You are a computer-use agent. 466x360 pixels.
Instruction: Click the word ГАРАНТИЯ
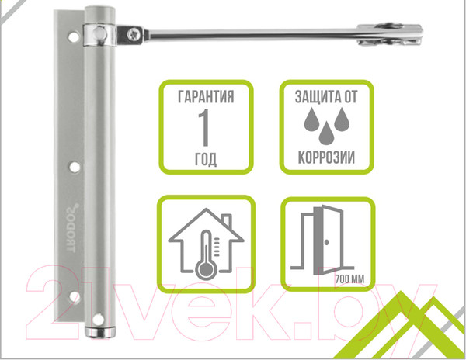206,97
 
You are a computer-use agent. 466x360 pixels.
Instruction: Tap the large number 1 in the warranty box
205,127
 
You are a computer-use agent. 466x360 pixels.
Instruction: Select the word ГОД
206,159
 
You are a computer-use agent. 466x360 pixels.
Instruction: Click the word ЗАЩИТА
317,97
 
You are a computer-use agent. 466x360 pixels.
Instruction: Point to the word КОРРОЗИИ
326,157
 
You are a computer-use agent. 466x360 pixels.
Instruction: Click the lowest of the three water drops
326,133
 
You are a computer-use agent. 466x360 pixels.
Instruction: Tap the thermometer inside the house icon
206,254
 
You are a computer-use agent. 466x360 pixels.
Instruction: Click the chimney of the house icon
227,220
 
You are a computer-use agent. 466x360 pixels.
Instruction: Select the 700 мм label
349,279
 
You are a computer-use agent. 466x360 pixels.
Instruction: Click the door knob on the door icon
327,242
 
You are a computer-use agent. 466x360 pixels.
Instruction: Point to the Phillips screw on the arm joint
134,33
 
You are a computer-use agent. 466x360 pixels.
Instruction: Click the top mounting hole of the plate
74,36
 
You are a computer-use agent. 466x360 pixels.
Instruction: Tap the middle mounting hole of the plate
75,167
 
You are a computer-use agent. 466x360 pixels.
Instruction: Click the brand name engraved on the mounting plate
71,228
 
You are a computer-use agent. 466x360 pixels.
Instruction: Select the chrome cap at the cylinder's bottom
100,332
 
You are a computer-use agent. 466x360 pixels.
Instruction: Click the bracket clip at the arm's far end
390,34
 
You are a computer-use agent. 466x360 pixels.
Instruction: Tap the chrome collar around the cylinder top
99,35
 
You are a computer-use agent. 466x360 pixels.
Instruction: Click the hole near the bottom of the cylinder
98,320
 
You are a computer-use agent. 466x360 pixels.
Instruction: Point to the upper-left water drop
311,119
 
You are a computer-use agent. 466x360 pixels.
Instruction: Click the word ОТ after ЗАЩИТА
351,97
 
